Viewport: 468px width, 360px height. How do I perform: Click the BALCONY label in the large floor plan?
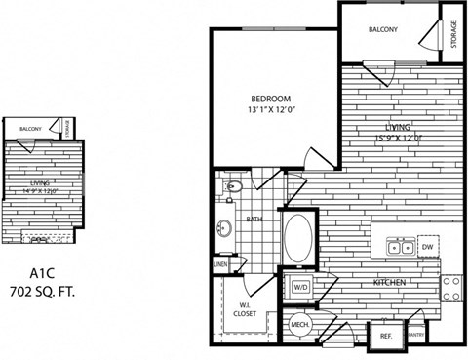point(383,30)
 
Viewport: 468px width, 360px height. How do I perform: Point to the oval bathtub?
point(297,236)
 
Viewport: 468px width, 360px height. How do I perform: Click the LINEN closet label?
point(222,263)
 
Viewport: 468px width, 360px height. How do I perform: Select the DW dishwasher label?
point(426,248)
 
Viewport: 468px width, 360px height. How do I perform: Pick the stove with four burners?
point(451,286)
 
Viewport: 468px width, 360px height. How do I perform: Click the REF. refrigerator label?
point(385,336)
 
